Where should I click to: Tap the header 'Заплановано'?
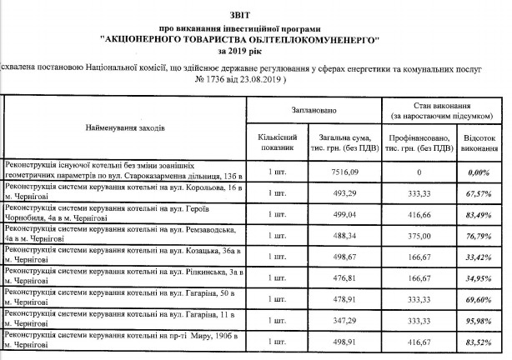pyautogui.click(x=314, y=110)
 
